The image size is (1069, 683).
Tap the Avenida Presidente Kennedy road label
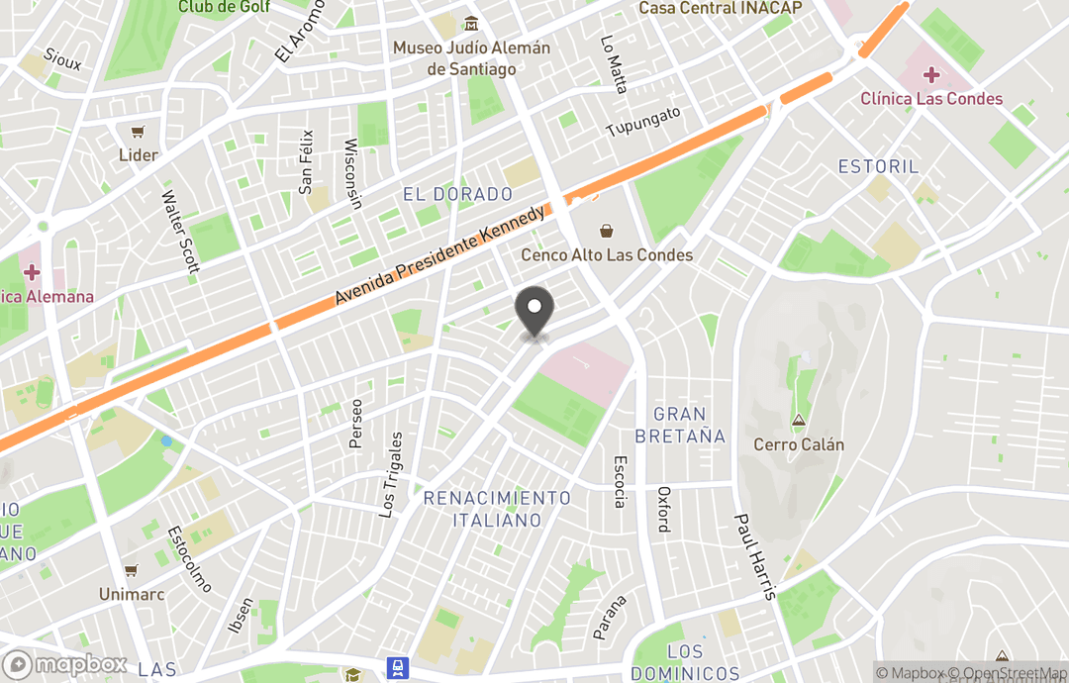(440, 254)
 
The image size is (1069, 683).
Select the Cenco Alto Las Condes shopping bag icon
(607, 231)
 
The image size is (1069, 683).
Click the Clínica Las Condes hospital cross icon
(931, 74)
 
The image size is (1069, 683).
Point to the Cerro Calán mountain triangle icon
(799, 421)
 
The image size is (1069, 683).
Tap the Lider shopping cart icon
(138, 132)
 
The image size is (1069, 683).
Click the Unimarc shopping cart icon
(131, 571)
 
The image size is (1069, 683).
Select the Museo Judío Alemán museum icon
(472, 24)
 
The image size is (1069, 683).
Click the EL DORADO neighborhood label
(457, 194)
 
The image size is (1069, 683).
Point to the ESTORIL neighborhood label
(878, 166)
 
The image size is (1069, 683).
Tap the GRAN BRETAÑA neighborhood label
(680, 425)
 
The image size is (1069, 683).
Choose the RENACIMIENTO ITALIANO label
(497, 509)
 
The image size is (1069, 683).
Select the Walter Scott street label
(181, 232)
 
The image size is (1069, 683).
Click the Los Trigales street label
(393, 474)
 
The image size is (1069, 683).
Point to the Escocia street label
(620, 481)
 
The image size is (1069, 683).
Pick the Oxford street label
(663, 509)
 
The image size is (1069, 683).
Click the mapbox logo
(65, 664)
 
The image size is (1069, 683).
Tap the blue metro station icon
(398, 668)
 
